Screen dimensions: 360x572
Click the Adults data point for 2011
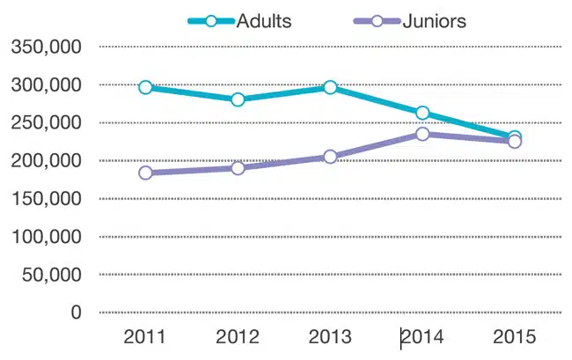point(145,87)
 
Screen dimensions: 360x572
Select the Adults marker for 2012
point(238,99)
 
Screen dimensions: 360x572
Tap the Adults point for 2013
point(330,87)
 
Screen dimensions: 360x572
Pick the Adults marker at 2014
point(422,113)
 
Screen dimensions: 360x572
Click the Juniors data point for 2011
point(145,173)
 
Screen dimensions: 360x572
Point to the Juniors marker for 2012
point(238,167)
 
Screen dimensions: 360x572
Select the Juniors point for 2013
point(330,157)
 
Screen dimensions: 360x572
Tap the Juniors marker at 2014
point(422,134)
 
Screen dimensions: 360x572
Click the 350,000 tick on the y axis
point(48,47)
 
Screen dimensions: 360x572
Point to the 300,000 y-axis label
point(48,84)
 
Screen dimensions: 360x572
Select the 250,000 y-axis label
point(48,122)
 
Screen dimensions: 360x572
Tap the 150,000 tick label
point(48,198)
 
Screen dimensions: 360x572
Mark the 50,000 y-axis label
point(53,274)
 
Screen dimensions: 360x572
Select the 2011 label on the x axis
point(145,337)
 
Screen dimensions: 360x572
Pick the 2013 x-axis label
point(330,337)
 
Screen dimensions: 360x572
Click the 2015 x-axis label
point(515,337)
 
